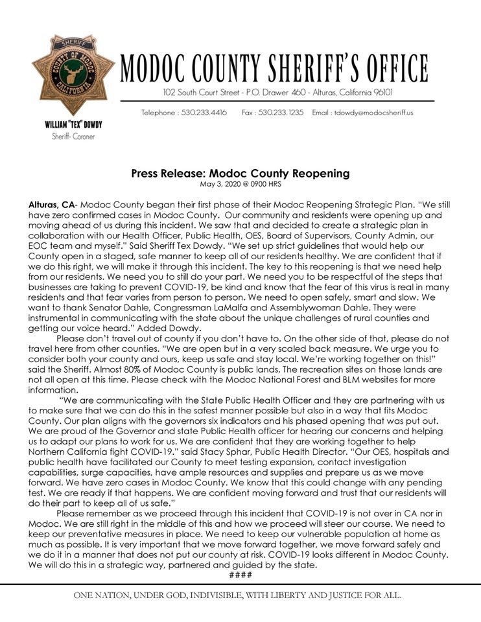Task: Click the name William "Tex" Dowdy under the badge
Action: click(73, 124)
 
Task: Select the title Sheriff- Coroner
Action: click(73, 136)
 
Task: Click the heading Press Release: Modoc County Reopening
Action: click(240, 174)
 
